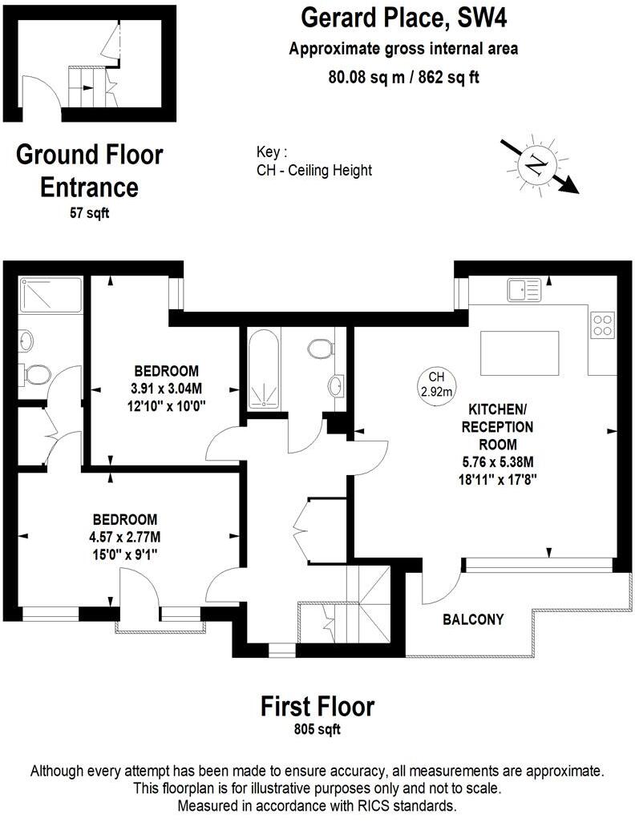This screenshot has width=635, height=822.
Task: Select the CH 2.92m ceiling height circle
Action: pos(436,384)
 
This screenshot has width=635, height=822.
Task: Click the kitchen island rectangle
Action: pos(519,353)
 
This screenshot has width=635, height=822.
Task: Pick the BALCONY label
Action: pos(473,619)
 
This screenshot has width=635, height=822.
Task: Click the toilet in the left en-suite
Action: pos(36,373)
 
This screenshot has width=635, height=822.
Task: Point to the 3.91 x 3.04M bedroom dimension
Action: pos(166,389)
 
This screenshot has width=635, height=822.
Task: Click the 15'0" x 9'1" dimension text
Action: pos(124,552)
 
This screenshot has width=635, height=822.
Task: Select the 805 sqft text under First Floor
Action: pos(317,730)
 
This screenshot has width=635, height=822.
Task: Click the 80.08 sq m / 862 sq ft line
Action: pos(403,77)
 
